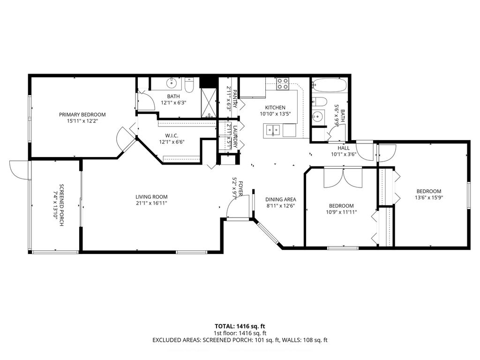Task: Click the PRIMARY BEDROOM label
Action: pyautogui.click(x=82, y=114)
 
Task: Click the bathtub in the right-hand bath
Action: pyautogui.click(x=330, y=86)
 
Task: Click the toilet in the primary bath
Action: pyautogui.click(x=189, y=85)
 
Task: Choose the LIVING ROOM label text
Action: pyautogui.click(x=151, y=197)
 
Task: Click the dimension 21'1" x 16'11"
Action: pyautogui.click(x=151, y=203)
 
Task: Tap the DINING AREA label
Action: pyautogui.click(x=281, y=199)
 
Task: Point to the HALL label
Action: pyautogui.click(x=344, y=148)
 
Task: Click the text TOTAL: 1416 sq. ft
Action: pyautogui.click(x=240, y=326)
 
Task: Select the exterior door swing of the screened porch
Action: pyautogui.click(x=18, y=170)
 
